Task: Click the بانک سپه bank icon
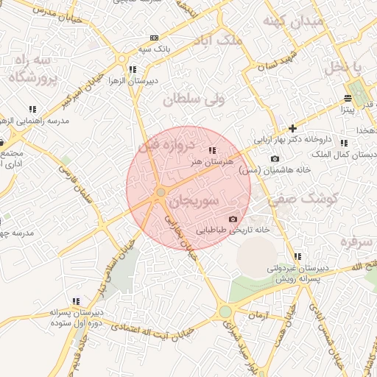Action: tap(154, 38)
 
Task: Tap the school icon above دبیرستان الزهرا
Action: tap(133, 69)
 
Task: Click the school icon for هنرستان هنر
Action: tap(213, 149)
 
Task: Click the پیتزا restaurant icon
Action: tap(348, 98)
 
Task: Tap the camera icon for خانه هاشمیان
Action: tap(275, 158)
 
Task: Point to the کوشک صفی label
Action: tap(303, 198)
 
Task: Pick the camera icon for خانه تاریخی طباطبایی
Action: tap(233, 219)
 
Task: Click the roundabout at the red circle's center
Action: tap(161, 193)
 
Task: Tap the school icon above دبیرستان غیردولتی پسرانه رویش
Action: tap(297, 256)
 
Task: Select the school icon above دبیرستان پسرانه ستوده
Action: tap(76, 300)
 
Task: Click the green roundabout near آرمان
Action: tap(225, 312)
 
